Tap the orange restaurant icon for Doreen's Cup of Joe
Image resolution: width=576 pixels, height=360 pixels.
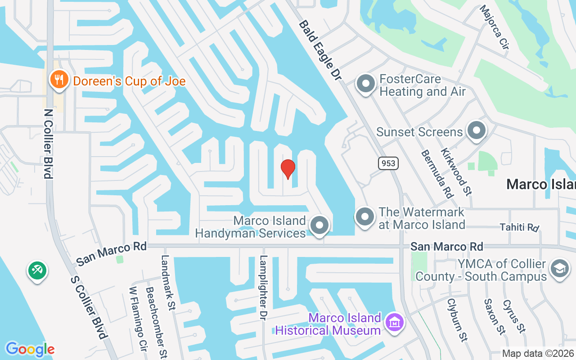[58, 80]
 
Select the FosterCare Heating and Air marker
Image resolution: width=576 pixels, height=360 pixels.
[365, 84]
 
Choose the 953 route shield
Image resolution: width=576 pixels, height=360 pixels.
[388, 163]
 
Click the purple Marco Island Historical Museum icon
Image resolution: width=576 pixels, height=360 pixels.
[395, 323]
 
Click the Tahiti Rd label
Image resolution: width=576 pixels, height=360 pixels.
[519, 227]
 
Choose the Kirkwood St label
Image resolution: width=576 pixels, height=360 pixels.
[456, 172]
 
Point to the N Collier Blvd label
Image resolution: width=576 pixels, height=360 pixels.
[47, 143]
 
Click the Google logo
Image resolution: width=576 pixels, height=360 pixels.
[30, 349]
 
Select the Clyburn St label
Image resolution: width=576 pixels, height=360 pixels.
[457, 319]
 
